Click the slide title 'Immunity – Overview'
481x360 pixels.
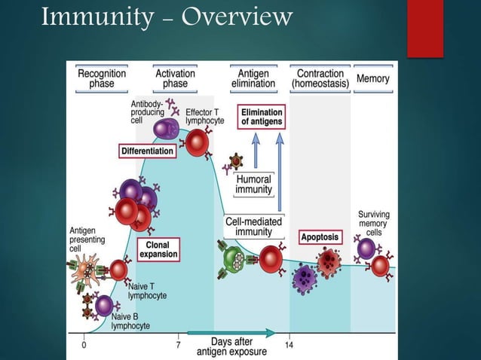(x=167, y=16)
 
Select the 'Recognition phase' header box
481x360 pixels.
(x=101, y=78)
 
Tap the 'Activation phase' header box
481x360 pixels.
(x=176, y=78)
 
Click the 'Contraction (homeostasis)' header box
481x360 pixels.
(x=321, y=78)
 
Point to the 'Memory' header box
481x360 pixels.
(x=372, y=78)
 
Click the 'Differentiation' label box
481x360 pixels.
(x=148, y=151)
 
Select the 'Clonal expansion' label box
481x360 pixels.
(x=158, y=249)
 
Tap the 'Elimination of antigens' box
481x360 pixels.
(x=262, y=117)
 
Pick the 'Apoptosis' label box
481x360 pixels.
(x=320, y=237)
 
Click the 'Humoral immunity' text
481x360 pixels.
(x=253, y=185)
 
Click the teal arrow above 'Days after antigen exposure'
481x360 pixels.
(x=231, y=332)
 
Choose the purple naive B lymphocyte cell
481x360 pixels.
(x=104, y=305)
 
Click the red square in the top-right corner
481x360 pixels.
(x=424, y=28)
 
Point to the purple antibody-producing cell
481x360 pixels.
(x=166, y=129)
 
